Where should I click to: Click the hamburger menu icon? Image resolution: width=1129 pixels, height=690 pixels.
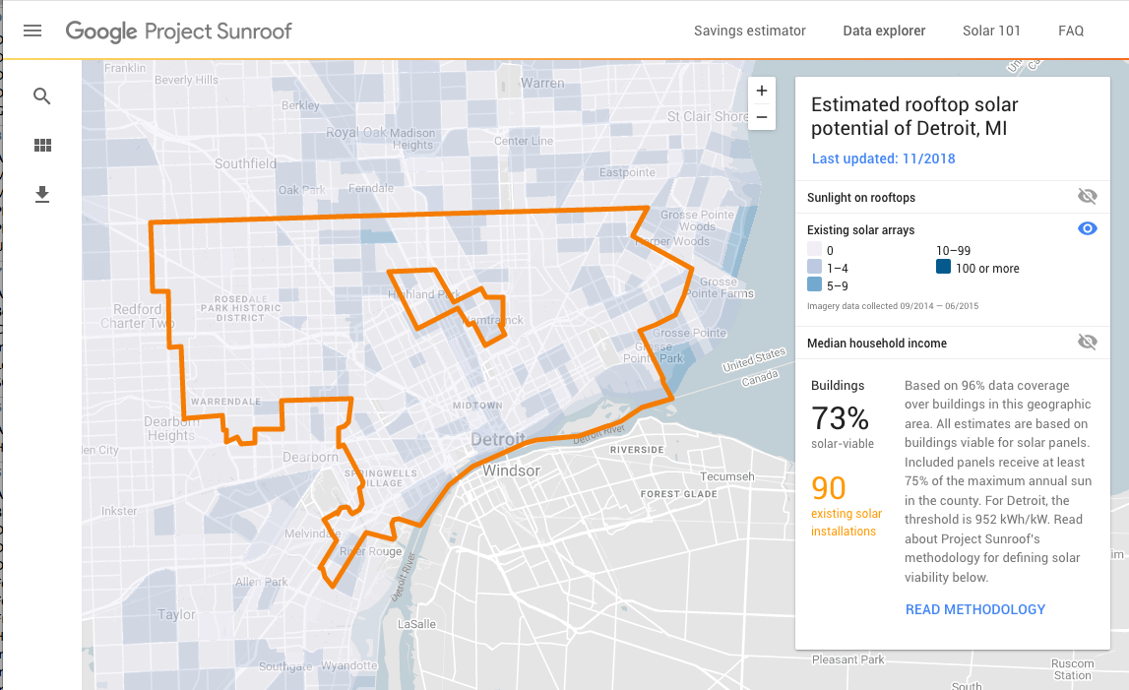(x=32, y=31)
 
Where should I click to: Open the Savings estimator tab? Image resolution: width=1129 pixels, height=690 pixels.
(x=749, y=31)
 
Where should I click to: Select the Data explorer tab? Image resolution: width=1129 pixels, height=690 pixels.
(x=884, y=31)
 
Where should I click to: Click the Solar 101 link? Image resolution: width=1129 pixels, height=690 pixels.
(x=991, y=31)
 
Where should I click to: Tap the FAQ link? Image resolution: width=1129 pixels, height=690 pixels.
(x=1071, y=31)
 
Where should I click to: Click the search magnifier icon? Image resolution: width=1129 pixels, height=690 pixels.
(x=42, y=96)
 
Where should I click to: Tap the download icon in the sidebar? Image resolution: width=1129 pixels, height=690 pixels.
(x=42, y=195)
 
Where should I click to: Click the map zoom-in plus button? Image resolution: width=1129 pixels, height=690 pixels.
(x=762, y=92)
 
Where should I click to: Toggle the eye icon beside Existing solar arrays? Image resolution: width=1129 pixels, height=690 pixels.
(x=1087, y=229)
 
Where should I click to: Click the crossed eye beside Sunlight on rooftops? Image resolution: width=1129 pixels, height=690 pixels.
(x=1087, y=197)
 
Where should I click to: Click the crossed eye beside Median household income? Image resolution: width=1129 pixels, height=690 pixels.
(x=1087, y=343)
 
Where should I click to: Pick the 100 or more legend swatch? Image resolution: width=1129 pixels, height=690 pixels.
(x=943, y=268)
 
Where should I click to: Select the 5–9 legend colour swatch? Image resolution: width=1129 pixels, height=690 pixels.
(x=814, y=285)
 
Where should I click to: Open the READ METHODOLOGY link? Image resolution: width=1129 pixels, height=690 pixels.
(x=974, y=609)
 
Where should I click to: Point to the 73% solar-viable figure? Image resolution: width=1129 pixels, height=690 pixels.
(x=840, y=419)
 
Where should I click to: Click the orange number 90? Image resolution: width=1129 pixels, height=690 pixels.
(x=829, y=488)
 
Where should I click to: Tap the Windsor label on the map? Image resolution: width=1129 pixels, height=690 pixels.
(x=511, y=470)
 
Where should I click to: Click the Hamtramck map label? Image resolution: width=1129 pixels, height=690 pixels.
(x=491, y=320)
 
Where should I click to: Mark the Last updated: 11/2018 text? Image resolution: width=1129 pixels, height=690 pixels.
(x=883, y=158)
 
